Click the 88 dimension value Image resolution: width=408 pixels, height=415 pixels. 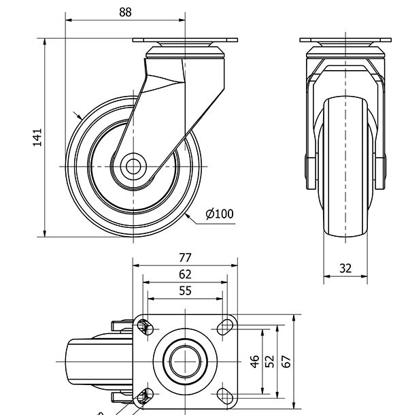click(x=125, y=12)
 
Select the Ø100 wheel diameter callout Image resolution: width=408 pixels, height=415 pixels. click(x=219, y=214)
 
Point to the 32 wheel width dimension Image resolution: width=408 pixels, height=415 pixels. click(x=345, y=268)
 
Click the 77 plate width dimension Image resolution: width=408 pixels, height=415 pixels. click(x=185, y=257)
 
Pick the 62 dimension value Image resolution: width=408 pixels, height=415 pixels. click(x=185, y=274)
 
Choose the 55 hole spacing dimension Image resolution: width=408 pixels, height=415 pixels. click(x=185, y=290)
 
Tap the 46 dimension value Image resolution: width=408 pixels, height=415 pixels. click(x=254, y=361)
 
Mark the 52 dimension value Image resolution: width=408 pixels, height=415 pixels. click(x=270, y=361)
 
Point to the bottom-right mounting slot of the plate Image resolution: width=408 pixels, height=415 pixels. click(x=225, y=395)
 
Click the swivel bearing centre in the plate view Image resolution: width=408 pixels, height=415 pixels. click(x=185, y=361)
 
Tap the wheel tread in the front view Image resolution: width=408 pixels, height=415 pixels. click(x=345, y=170)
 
